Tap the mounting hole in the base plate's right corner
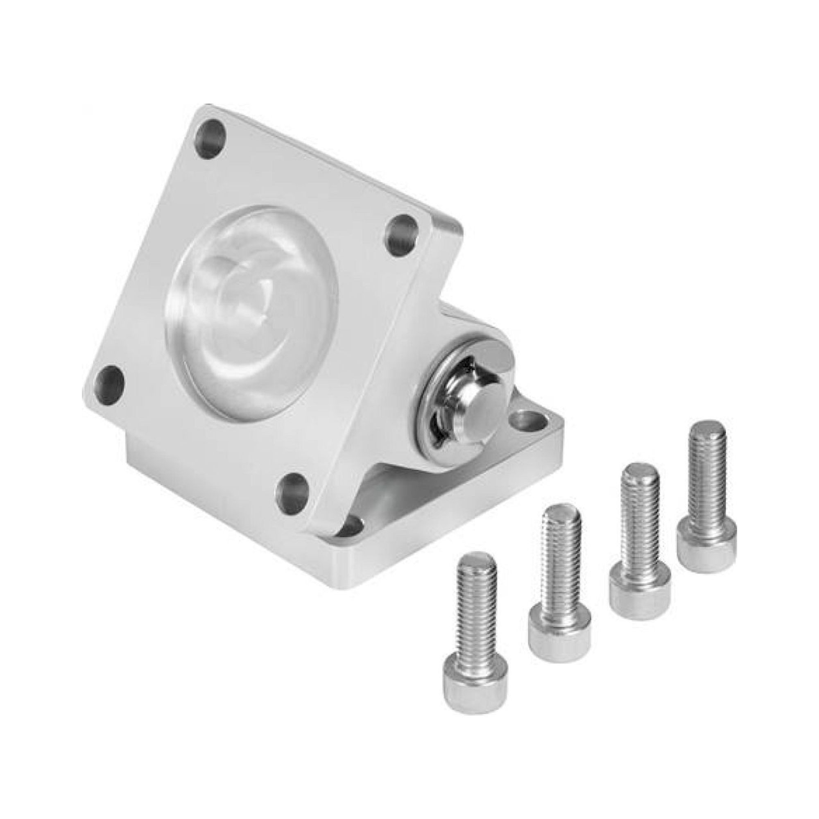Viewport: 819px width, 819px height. click(x=527, y=421)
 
